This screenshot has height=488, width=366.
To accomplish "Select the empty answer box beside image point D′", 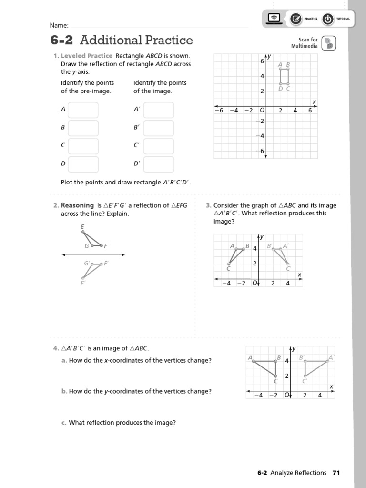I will point(158,164).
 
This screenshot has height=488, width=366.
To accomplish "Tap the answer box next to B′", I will point(158,128).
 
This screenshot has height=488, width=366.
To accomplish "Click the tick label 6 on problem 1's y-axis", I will point(262,61).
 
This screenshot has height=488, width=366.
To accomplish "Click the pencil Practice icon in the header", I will point(295,19).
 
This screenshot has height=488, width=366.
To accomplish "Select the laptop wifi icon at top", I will point(274,19).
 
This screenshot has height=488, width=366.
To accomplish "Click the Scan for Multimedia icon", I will point(328,43).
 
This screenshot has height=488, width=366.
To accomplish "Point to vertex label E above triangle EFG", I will point(83,227).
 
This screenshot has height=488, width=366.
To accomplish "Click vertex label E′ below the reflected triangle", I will point(82,283).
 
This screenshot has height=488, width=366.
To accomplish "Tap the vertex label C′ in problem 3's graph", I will point(288,269).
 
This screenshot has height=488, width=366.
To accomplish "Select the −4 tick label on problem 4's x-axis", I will point(258,395).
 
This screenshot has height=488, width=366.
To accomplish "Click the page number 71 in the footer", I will point(336,473).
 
